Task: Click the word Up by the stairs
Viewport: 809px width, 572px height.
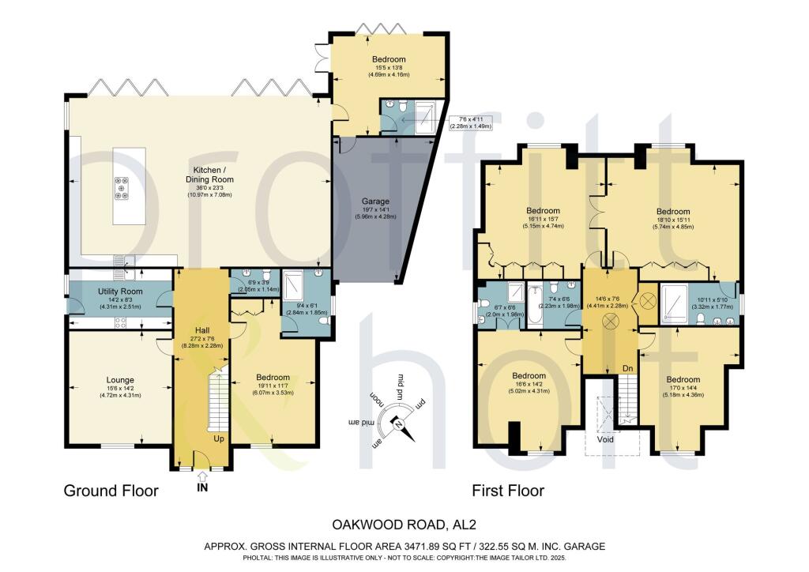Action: click(x=219, y=437)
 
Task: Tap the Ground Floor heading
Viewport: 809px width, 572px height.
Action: click(x=111, y=491)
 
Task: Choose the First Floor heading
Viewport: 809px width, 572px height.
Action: click(x=508, y=491)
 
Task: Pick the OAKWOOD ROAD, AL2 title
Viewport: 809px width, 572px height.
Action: click(x=404, y=523)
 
